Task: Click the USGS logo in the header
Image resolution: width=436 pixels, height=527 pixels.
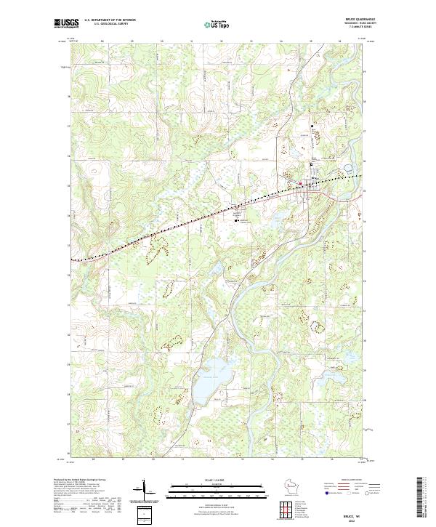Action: tap(67, 23)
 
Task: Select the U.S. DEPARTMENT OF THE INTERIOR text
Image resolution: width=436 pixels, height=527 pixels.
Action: tap(110, 20)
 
